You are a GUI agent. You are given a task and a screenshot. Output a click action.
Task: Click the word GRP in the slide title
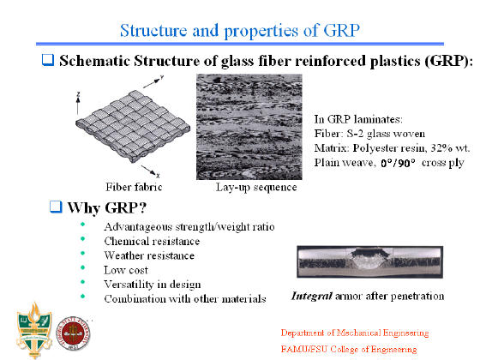(x=341, y=30)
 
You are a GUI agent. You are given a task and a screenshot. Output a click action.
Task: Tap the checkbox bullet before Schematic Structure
(x=48, y=60)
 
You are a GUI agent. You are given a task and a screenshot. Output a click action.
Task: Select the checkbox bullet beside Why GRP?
(x=56, y=207)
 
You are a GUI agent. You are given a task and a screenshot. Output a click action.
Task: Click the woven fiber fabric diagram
(x=133, y=126)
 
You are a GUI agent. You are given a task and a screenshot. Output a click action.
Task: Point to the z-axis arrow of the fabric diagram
(x=78, y=104)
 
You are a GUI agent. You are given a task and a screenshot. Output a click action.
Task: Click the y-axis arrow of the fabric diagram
(x=153, y=82)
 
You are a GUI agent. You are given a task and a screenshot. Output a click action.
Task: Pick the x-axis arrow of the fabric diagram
(x=150, y=171)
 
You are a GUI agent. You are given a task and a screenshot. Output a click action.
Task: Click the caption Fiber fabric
(x=134, y=187)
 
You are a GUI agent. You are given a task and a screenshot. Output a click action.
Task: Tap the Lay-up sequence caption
(x=256, y=187)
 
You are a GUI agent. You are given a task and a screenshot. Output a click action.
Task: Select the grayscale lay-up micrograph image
(x=249, y=127)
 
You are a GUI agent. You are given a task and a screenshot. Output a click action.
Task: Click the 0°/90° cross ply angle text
(x=398, y=163)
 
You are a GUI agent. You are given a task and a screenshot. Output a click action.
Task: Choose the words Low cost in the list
(x=126, y=270)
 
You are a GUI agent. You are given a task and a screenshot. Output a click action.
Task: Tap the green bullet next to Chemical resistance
(x=82, y=239)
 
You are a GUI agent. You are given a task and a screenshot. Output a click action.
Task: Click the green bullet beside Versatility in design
(x=82, y=282)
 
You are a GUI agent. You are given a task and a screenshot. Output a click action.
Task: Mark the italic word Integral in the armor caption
(x=312, y=296)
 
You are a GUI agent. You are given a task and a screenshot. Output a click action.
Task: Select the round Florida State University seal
(x=73, y=333)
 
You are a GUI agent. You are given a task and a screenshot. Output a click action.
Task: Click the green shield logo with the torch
(x=34, y=330)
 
